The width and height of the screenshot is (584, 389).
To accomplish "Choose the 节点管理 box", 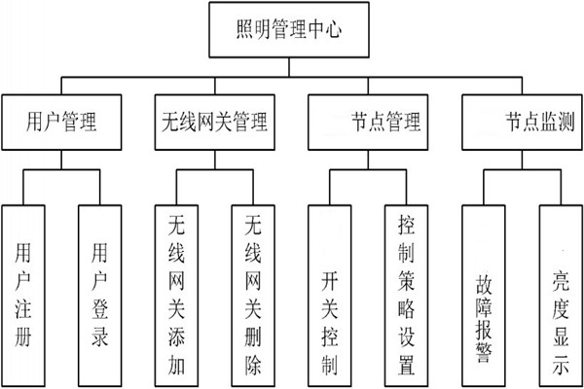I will tap(368, 123).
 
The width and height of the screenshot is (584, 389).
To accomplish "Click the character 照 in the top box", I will tap(247, 31).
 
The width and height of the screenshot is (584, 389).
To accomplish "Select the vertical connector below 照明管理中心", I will tap(290, 63).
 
